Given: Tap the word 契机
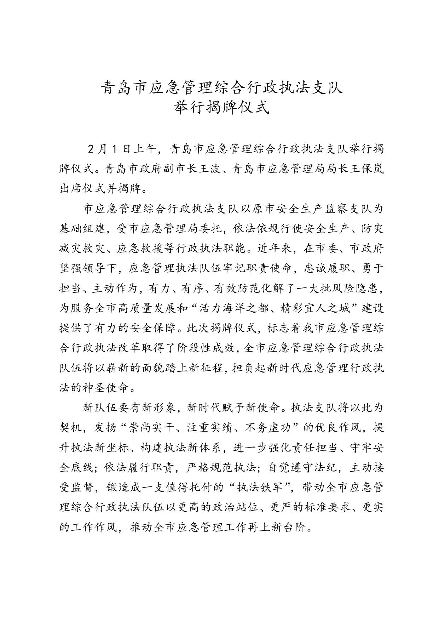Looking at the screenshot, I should [x=70, y=428].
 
